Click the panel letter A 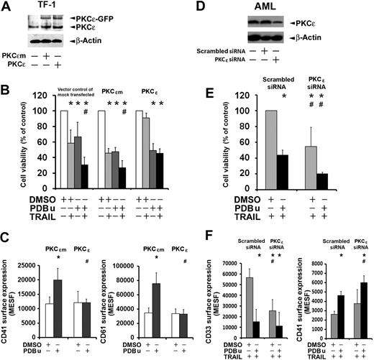coord(6,6)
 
